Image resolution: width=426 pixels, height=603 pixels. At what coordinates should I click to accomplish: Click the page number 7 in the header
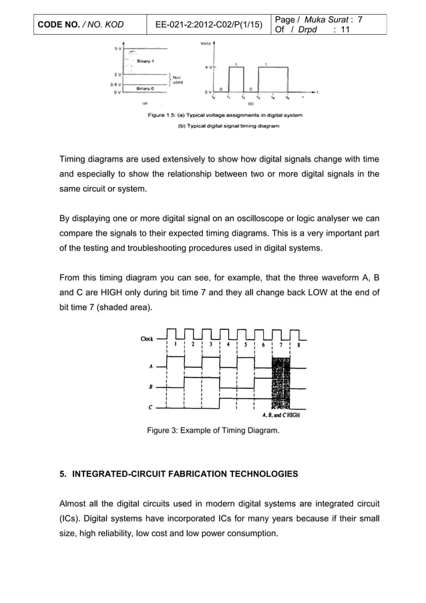tap(360, 20)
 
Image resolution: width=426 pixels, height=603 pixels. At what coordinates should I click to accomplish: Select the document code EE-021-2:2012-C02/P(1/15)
tap(209, 25)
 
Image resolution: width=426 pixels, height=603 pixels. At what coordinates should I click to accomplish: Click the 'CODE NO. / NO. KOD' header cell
tap(91, 25)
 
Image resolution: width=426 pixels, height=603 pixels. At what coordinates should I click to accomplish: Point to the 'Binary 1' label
tap(146, 61)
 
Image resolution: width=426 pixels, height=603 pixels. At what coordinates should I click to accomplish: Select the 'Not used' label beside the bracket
tap(178, 80)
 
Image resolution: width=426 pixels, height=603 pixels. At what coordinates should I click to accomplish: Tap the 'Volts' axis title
tap(206, 43)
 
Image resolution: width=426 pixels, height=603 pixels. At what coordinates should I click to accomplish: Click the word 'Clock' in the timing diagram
tap(147, 339)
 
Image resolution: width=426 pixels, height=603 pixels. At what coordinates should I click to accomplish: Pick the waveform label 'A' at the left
tap(150, 367)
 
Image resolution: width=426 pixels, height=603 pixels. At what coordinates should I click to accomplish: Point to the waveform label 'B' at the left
tap(150, 387)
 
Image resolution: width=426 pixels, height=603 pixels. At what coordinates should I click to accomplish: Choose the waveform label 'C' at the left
tap(150, 407)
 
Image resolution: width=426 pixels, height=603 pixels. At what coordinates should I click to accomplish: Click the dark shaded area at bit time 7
tap(281, 383)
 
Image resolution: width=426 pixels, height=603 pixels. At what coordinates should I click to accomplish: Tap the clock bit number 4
tap(228, 345)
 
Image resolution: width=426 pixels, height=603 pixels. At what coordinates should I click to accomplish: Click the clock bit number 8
tap(298, 345)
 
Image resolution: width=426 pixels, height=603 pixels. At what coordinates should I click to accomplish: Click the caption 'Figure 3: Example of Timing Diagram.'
tap(213, 431)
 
